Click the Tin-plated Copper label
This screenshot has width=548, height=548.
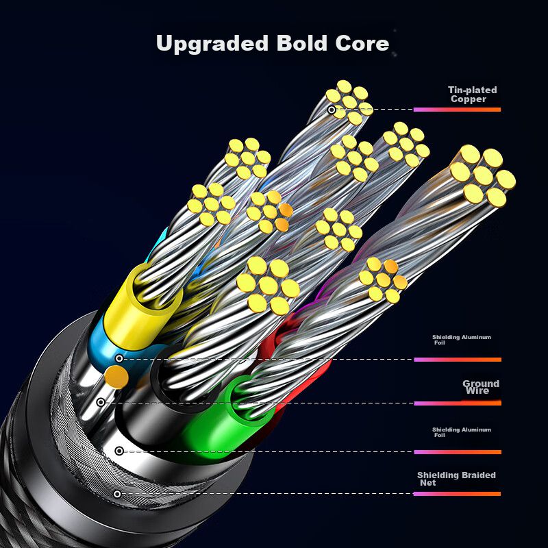472,95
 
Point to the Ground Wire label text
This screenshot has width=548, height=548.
480,387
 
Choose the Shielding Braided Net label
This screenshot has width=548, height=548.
456,479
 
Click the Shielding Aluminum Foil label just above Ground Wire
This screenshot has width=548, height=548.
461,340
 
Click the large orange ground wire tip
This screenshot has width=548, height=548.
116,376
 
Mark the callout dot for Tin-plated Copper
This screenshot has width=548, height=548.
332,110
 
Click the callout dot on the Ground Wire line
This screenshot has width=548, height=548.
101,402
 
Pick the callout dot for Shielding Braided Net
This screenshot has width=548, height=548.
117,494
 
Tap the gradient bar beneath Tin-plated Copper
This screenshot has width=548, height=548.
457,110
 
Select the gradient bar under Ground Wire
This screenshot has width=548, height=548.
457,403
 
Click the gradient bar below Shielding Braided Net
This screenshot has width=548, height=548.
457,494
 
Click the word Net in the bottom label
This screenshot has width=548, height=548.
427,484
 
